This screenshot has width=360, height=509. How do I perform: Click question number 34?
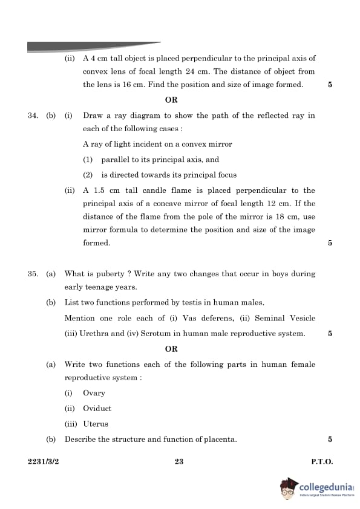[x=33, y=115]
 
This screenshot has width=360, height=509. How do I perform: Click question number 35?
[x=33, y=274]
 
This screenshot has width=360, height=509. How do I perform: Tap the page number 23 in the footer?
[x=179, y=462]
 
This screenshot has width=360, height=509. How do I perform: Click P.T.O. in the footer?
[x=322, y=462]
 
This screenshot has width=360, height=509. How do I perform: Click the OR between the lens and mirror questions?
[x=171, y=100]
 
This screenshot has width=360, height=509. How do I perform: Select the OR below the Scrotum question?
[x=171, y=349]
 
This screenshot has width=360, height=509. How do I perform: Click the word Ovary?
[x=94, y=393]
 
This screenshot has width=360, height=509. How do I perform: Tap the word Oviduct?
[x=97, y=409]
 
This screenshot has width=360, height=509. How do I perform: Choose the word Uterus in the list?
[x=96, y=424]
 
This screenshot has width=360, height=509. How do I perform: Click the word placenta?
[x=219, y=439]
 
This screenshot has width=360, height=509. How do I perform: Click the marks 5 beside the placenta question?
[x=330, y=439]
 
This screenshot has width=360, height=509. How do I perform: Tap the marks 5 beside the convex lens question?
[x=330, y=85]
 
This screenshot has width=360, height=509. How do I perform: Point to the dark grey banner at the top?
[x=91, y=47]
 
